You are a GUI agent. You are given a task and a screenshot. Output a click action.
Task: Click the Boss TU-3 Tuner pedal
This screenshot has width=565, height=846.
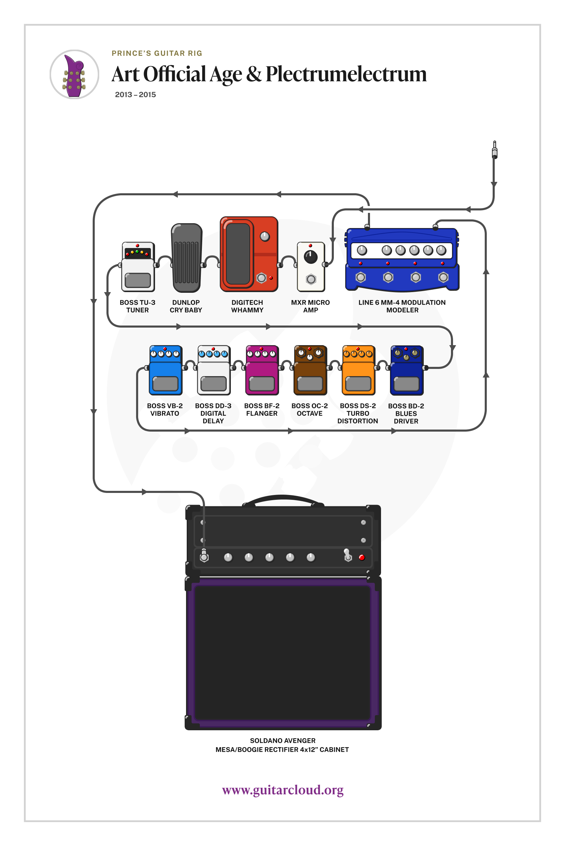(138, 267)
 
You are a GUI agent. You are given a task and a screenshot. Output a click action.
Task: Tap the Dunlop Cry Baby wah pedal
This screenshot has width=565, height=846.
(186, 258)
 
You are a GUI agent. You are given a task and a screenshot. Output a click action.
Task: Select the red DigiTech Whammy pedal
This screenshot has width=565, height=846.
(249, 254)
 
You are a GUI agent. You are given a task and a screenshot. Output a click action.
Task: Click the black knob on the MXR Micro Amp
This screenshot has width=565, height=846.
(311, 257)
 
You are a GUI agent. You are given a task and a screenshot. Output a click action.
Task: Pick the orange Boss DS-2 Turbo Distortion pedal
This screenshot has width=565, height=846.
(358, 370)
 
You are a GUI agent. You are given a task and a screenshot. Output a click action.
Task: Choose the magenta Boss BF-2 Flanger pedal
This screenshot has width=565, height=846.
(262, 370)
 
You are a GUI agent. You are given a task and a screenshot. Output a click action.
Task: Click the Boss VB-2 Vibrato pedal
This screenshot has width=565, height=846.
(165, 370)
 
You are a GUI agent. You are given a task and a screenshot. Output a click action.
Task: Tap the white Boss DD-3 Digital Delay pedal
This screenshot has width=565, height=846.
(214, 370)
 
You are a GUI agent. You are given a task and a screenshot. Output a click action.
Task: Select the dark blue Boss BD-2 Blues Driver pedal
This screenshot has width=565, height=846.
(407, 370)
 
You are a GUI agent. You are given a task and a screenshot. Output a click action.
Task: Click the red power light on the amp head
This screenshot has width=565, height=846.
(362, 557)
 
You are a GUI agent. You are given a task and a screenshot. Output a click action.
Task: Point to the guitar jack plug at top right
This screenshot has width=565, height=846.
(494, 150)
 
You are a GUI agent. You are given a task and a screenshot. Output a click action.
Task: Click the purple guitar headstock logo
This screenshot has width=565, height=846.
(74, 75)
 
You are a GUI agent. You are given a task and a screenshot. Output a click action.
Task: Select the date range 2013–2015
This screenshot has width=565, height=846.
(135, 95)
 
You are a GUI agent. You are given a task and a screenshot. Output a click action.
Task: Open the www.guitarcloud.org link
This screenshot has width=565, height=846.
(282, 790)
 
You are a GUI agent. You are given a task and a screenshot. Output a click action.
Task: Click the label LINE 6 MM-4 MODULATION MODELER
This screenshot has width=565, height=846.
(402, 306)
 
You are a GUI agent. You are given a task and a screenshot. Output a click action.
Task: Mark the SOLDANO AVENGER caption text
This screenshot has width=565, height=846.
(282, 741)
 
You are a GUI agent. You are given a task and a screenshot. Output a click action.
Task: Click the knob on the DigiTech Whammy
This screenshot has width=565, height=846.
(265, 236)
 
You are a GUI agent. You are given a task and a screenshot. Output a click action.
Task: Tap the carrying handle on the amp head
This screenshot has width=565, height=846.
(283, 499)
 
